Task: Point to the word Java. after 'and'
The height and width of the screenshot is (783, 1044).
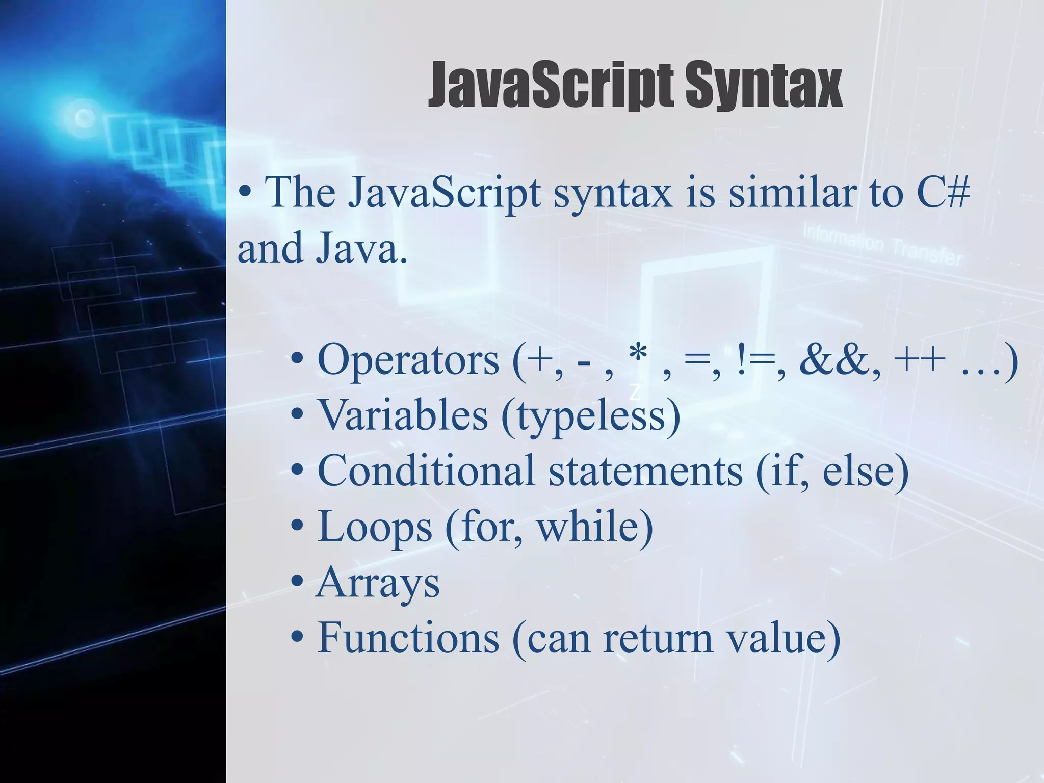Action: (x=362, y=248)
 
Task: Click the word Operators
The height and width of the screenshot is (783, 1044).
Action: (x=408, y=360)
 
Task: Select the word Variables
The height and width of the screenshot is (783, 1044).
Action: (x=403, y=415)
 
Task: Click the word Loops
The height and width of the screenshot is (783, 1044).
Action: (x=375, y=527)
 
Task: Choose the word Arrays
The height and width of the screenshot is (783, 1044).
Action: (x=378, y=583)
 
